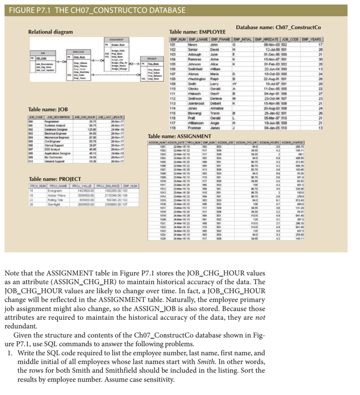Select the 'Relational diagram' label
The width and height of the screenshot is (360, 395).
(x=50, y=32)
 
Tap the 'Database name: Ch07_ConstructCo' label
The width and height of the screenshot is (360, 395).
(x=278, y=27)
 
